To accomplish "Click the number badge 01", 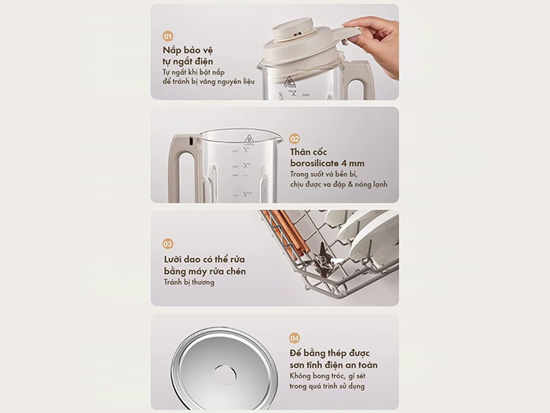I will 168,36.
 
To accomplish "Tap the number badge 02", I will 295,138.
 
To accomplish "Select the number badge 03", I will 168,244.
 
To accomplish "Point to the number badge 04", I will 295,338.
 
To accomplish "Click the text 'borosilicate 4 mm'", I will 328,164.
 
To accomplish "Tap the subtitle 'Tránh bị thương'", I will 189,282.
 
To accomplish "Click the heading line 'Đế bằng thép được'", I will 329,352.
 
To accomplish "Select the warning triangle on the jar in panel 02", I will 248,139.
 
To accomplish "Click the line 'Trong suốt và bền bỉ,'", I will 328,175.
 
